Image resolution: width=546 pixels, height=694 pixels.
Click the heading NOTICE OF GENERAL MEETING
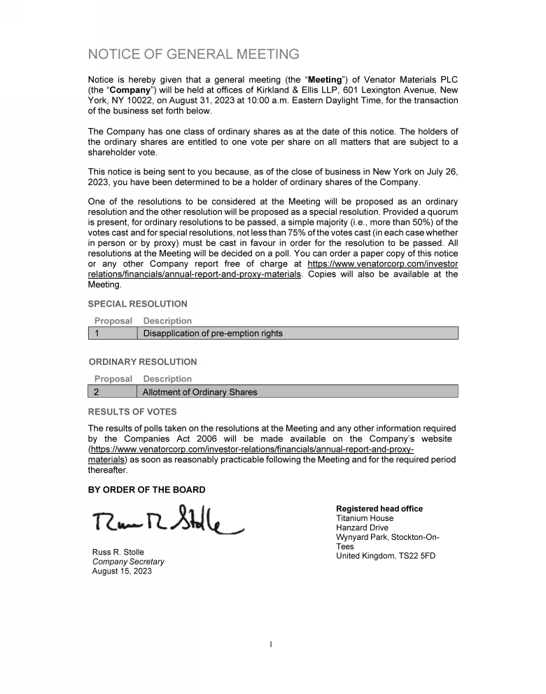point(193,55)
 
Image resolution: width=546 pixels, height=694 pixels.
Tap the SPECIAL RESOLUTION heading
point(137,304)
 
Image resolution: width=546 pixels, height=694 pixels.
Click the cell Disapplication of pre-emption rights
point(213,333)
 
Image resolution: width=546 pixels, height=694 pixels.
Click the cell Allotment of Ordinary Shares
point(199,392)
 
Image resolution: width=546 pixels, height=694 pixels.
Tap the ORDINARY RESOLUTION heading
point(142,362)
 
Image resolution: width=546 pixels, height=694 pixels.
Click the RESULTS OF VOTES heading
point(132,412)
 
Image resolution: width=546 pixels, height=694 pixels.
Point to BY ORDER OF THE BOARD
point(146,490)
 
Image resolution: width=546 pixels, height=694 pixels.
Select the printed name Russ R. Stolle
point(118,552)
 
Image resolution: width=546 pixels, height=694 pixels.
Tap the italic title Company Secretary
point(128,562)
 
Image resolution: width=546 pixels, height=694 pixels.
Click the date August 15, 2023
point(121,571)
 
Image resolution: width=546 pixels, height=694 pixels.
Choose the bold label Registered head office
point(379,508)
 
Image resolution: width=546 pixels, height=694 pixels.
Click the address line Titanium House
point(365,518)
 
